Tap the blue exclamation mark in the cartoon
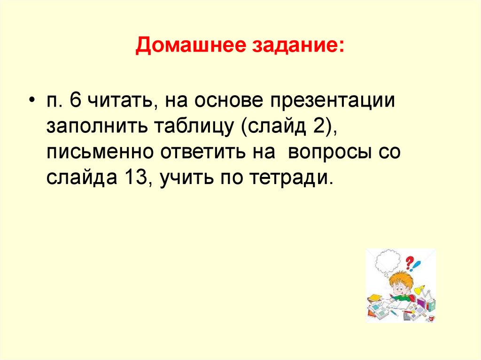[418, 265]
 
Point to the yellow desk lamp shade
[419, 288]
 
